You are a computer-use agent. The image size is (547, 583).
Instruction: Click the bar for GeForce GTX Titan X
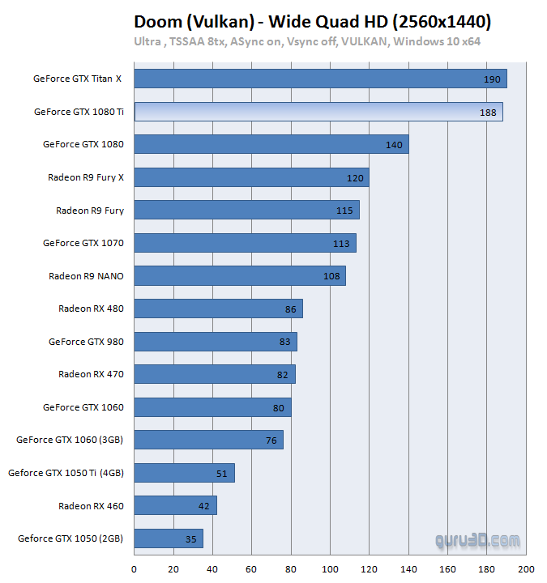click(x=320, y=79)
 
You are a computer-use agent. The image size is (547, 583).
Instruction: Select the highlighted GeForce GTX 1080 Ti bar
click(x=318, y=112)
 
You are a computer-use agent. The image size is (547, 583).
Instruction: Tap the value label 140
click(x=395, y=145)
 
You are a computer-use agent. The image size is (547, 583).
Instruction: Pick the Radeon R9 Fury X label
click(x=86, y=177)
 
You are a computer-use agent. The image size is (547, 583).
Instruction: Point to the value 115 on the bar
click(x=344, y=211)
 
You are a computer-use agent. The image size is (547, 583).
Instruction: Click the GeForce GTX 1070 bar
click(x=245, y=243)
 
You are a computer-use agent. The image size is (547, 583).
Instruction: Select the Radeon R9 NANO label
click(x=86, y=276)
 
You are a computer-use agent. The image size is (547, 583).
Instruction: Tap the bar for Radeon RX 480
click(x=218, y=309)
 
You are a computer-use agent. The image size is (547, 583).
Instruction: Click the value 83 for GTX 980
click(x=284, y=342)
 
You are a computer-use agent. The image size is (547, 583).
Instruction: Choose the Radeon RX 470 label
click(x=91, y=374)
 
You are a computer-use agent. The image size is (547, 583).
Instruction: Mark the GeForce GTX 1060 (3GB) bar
click(x=208, y=440)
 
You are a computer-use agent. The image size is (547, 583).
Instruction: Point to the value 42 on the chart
click(x=204, y=506)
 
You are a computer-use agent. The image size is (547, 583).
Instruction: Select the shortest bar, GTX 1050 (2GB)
click(x=168, y=538)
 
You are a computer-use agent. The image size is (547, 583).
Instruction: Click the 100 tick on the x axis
click(x=331, y=568)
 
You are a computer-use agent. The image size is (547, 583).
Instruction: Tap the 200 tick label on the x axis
click(x=527, y=568)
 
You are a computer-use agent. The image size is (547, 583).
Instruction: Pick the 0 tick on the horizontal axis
click(x=134, y=568)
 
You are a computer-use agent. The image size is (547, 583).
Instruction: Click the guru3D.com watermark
click(x=477, y=538)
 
